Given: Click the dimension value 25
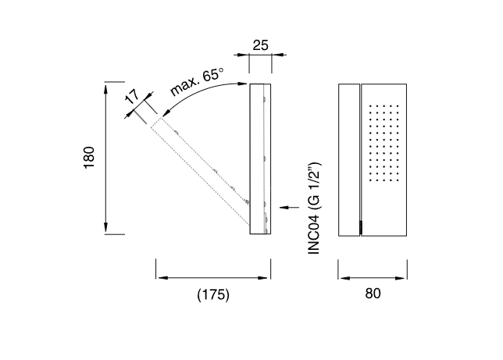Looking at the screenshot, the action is pos(260,45).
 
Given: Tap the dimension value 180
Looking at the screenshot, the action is pos(89,157).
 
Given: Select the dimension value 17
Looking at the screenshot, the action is pos(132,97).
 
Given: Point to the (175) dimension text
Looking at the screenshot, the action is pos(213,294).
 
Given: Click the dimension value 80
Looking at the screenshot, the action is pos(373,294).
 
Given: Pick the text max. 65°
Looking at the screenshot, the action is pos(196,81).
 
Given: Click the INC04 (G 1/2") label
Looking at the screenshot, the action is pos(314,209).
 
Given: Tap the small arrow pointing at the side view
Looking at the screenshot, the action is pos(289,208).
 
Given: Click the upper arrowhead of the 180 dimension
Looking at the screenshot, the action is pos(106,88).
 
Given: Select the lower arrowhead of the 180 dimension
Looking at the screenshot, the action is pos(106,228).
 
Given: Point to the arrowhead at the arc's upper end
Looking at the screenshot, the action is pos(242,84).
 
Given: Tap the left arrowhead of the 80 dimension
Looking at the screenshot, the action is pos(345,278).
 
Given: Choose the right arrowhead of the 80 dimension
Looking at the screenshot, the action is pos(400,278).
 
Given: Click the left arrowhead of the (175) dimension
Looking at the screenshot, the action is pos(163,278).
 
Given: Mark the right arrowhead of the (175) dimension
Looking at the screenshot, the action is pos(262,278).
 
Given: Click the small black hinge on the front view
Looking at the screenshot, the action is pos(361,228).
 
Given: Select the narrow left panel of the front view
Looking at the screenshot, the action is pos(349,160).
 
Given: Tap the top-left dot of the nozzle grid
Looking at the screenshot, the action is pos(370,105).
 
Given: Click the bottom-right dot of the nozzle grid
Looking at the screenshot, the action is pos(398,180).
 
